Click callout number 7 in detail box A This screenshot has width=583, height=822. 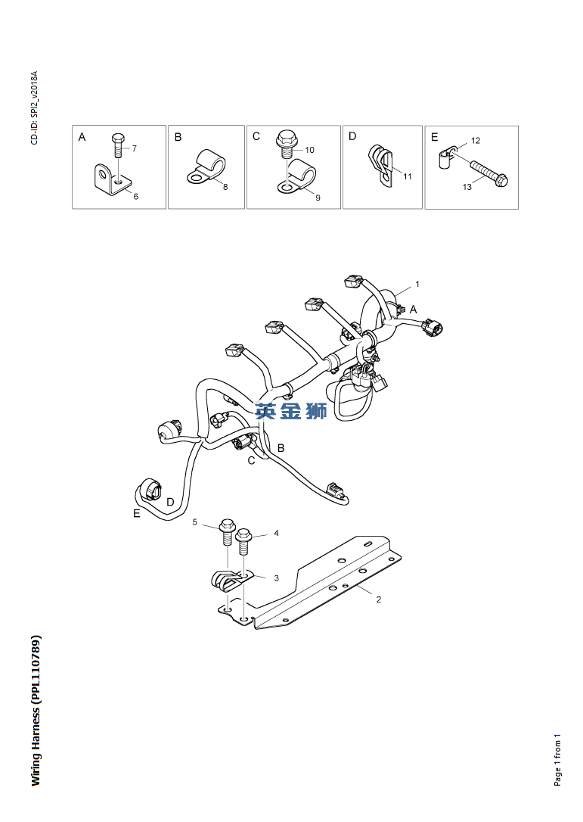click(134, 148)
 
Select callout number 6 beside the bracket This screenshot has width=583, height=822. click(136, 197)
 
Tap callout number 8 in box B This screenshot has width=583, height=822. click(225, 187)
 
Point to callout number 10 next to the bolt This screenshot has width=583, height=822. click(310, 150)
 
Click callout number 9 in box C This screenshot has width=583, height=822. click(318, 198)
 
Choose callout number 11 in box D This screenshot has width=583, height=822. click(407, 176)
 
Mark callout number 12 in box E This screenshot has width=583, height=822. click(476, 141)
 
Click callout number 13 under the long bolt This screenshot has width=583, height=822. click(467, 187)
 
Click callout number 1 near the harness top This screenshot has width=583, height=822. click(417, 285)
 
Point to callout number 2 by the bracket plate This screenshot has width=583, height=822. click(379, 599)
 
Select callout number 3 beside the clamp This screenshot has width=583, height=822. click(276, 578)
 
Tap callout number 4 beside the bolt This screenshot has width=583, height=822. click(276, 534)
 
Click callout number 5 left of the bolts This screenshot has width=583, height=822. click(194, 522)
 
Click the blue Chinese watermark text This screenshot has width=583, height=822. click(291, 411)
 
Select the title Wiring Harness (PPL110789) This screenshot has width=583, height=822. click(36, 710)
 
